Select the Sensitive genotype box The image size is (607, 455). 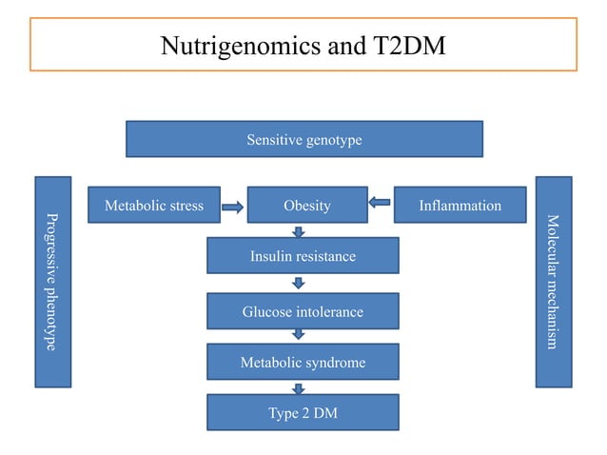pyautogui.click(x=303, y=140)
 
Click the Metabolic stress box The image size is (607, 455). pyautogui.click(x=153, y=205)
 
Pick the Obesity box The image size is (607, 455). pyautogui.click(x=306, y=205)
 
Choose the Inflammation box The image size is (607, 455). pyautogui.click(x=460, y=205)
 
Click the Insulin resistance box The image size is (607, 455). pyautogui.click(x=303, y=256)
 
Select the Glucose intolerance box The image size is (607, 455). pyautogui.click(x=303, y=311)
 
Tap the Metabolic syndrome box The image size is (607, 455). pyautogui.click(x=303, y=362)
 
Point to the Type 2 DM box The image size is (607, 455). pyautogui.click(x=303, y=413)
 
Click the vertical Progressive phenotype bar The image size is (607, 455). pyautogui.click(x=53, y=282)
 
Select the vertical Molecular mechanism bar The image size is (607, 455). pyautogui.click(x=553, y=282)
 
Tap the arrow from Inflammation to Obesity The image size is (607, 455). pyautogui.click(x=380, y=203)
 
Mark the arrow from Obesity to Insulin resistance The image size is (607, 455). pyautogui.click(x=299, y=231)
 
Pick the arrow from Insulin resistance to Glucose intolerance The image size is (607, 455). pyautogui.click(x=299, y=283)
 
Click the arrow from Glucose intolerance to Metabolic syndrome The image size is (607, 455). pyautogui.click(x=299, y=335)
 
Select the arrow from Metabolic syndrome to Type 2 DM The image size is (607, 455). pyautogui.click(x=299, y=387)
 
